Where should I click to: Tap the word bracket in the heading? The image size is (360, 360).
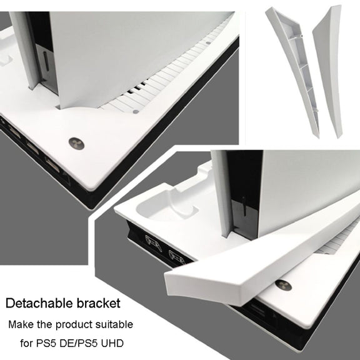click(99, 303)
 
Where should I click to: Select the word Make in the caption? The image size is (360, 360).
click(20, 324)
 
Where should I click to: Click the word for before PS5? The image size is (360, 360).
click(27, 344)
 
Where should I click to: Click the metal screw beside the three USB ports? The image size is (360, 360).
click(76, 144)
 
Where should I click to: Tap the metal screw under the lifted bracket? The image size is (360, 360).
click(284, 285)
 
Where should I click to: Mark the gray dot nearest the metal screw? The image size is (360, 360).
click(136, 112)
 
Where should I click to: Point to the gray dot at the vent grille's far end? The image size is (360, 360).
click(208, 42)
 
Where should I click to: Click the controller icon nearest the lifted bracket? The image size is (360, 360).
click(176, 257)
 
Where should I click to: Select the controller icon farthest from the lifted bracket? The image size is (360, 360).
click(154, 243)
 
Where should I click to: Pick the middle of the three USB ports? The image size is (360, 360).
click(33, 147)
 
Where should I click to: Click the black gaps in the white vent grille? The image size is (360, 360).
click(137, 87)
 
